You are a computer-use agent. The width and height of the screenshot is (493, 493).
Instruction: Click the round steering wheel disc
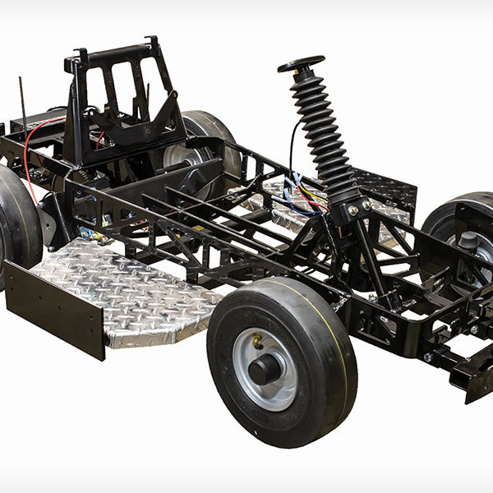(x=300, y=65)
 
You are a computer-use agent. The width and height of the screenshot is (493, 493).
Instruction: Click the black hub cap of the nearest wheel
(x=265, y=369)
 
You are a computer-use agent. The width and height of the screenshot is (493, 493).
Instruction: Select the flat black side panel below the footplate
(x=53, y=308)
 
